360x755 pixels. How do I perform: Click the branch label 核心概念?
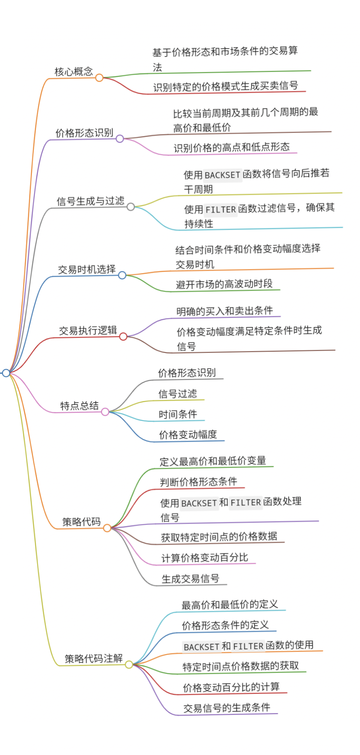[74, 71]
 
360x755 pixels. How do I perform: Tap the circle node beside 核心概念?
[99, 78]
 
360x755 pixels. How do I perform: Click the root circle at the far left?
[6, 373]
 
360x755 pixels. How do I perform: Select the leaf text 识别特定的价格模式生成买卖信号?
[226, 87]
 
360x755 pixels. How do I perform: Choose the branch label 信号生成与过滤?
[90, 201]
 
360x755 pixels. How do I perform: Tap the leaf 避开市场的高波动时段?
[224, 284]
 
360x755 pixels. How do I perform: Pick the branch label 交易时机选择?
[87, 269]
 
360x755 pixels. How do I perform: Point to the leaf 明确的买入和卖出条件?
[224, 311]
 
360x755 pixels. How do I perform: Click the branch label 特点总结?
[79, 406]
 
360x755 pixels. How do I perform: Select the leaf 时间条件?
[178, 414]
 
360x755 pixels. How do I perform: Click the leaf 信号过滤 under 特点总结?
[178, 393]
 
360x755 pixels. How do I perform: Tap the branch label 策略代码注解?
[93, 659]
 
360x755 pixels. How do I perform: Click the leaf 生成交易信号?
[190, 579]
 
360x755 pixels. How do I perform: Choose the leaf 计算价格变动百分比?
[204, 558]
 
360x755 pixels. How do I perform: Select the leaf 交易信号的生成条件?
[227, 708]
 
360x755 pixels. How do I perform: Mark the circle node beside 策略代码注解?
[129, 665]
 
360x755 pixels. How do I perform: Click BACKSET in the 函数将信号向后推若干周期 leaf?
[223, 175]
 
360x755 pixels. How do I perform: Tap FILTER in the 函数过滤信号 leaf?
[221, 209]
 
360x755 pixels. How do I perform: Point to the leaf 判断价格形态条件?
[198, 482]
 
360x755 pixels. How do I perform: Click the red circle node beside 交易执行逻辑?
[123, 336]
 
